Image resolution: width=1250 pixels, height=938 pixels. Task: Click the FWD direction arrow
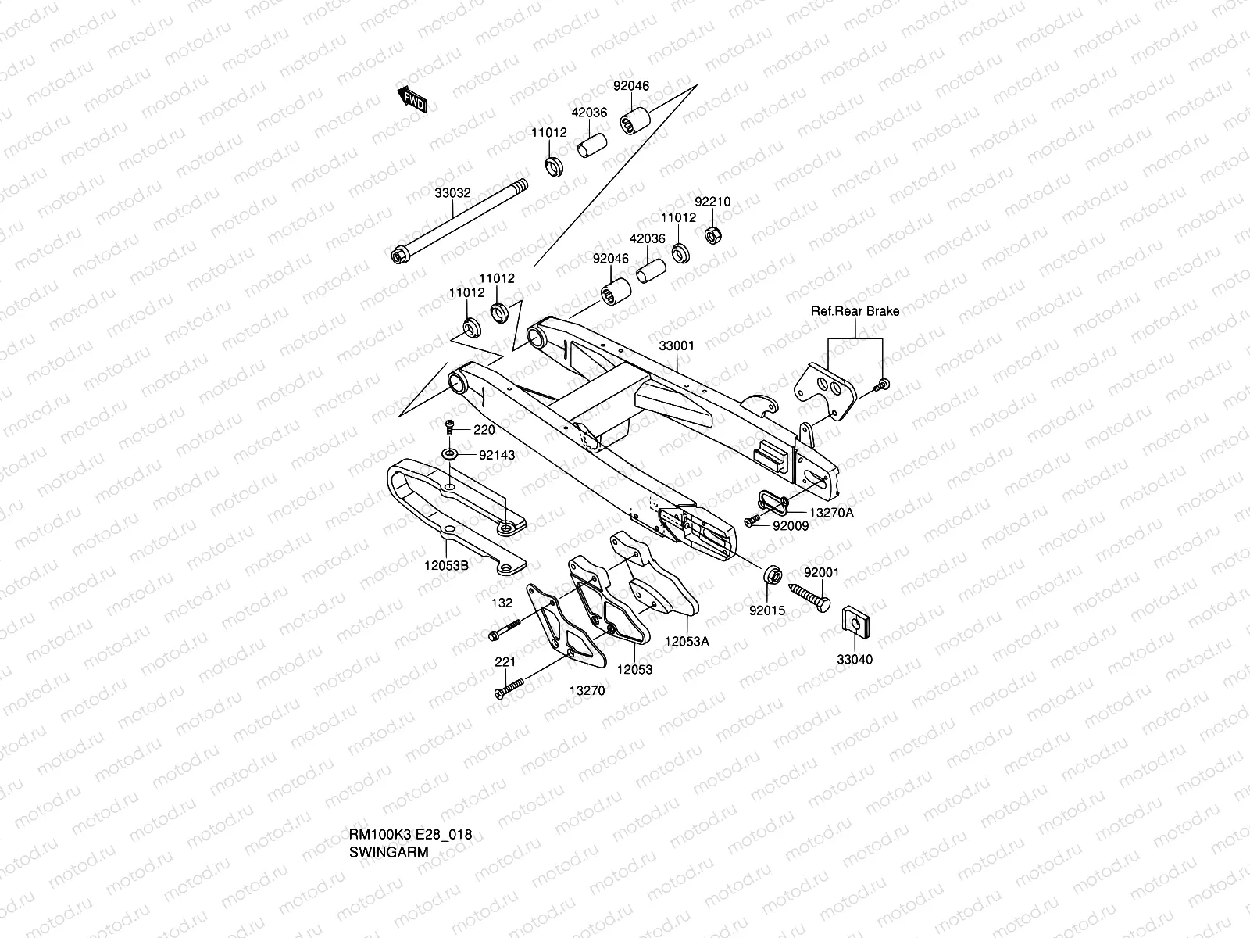pos(413,101)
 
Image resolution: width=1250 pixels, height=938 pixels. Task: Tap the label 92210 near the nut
pos(712,202)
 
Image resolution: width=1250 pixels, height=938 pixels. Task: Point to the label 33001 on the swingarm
pos(677,345)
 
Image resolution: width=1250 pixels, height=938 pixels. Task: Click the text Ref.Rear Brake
pos(855,311)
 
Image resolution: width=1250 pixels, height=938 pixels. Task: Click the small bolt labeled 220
pos(449,428)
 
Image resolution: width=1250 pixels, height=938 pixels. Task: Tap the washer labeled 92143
pos(451,454)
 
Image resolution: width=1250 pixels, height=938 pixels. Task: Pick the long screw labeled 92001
pos(809,600)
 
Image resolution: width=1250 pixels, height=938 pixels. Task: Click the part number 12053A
pos(687,641)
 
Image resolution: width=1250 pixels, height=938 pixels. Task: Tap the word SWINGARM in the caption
pos(388,852)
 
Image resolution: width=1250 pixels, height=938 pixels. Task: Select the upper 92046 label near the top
pos(630,86)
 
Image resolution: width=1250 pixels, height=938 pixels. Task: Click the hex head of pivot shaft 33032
pos(398,256)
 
